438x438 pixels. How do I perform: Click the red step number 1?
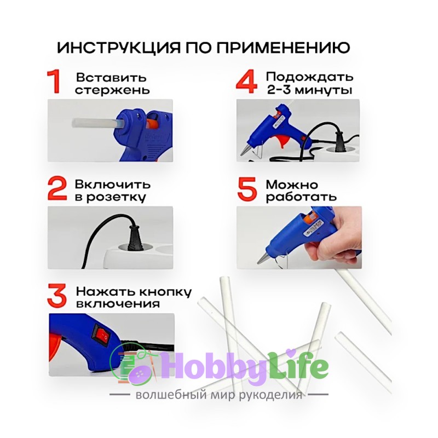[55, 82]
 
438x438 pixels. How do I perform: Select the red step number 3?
[57, 295]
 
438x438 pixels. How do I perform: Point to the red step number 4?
[247, 82]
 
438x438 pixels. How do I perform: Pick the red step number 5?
[247, 189]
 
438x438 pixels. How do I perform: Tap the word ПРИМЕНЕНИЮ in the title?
[283, 48]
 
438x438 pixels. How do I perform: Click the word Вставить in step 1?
[111, 77]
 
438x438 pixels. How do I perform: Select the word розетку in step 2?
[116, 198]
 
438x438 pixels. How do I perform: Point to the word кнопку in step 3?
[165, 292]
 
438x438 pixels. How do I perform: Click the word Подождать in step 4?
[309, 77]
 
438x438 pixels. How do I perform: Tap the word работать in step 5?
[301, 197]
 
